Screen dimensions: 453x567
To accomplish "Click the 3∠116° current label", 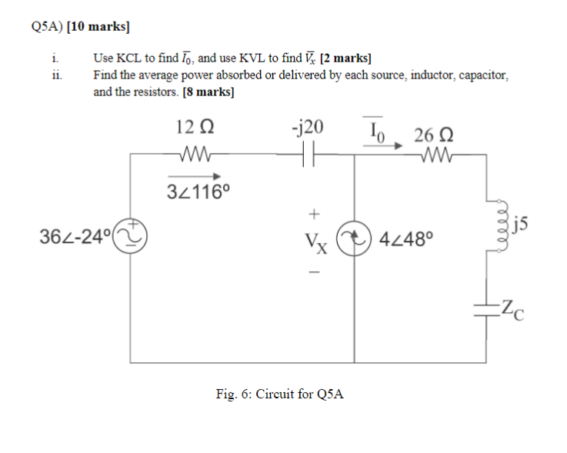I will (198, 192).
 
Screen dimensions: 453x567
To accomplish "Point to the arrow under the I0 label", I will (383, 144).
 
